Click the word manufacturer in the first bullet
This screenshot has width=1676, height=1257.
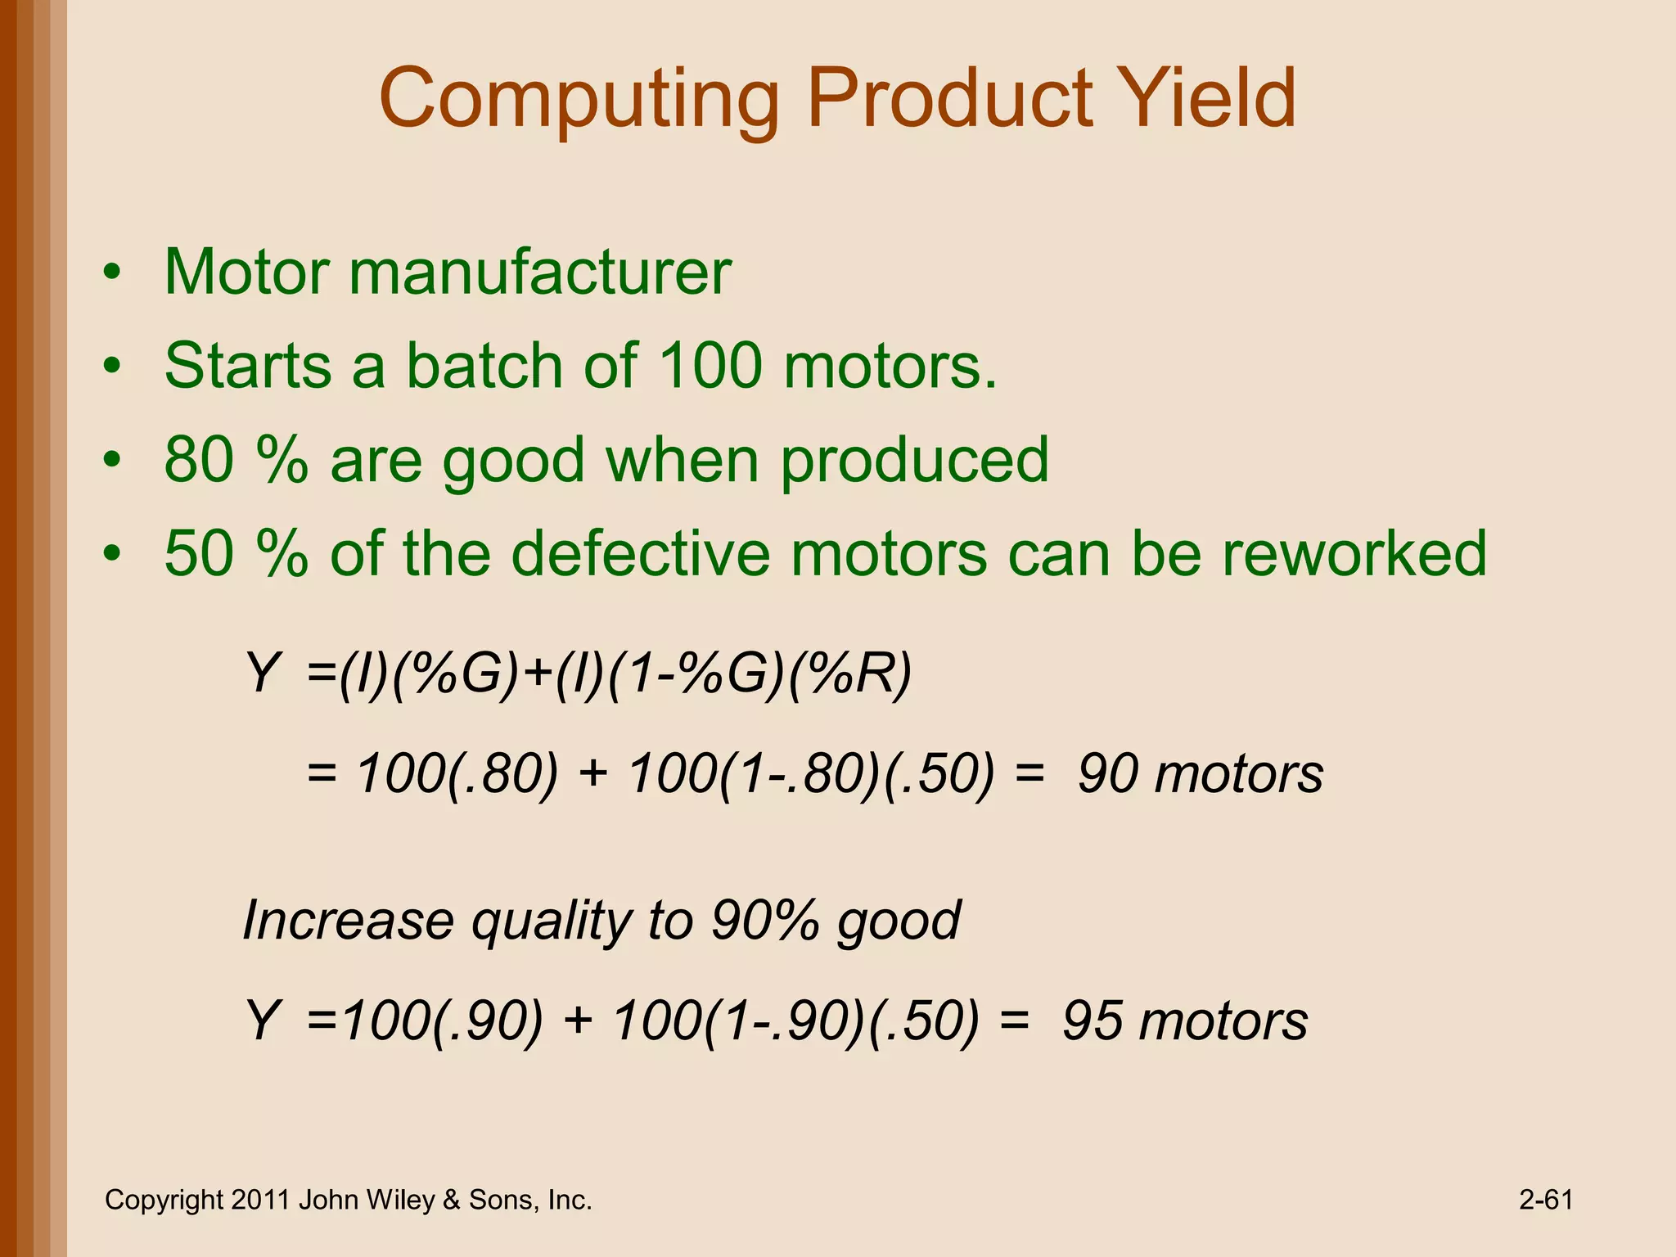point(540,272)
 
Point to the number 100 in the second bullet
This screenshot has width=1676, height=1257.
point(710,366)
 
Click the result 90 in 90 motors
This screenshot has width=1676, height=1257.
point(1106,774)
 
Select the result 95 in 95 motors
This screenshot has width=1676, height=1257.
point(1091,1021)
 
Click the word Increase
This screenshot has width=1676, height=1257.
point(348,921)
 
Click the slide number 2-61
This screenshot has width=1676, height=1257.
point(1546,1200)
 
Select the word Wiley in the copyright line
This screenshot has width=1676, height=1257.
point(401,1200)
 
